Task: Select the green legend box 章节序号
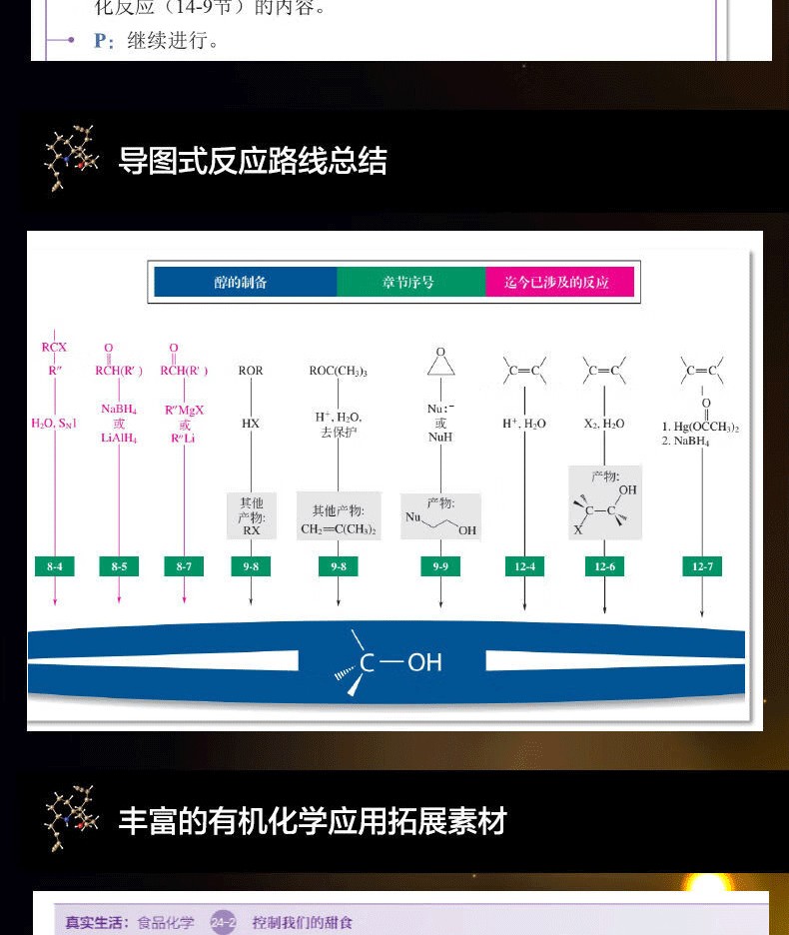point(409,283)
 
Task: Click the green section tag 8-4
point(55,566)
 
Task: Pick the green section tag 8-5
point(119,566)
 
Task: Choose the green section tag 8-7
point(185,566)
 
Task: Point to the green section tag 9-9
point(440,566)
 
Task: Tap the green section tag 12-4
point(525,566)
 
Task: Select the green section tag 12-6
point(604,566)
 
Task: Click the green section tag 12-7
point(702,566)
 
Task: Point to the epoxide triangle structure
point(440,363)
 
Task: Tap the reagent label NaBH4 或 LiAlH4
point(119,424)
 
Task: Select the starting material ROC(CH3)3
point(338,371)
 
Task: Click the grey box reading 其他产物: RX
point(251,516)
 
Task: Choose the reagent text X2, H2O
point(604,424)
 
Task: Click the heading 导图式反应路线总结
point(253,161)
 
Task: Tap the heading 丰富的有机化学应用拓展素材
point(313,821)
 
